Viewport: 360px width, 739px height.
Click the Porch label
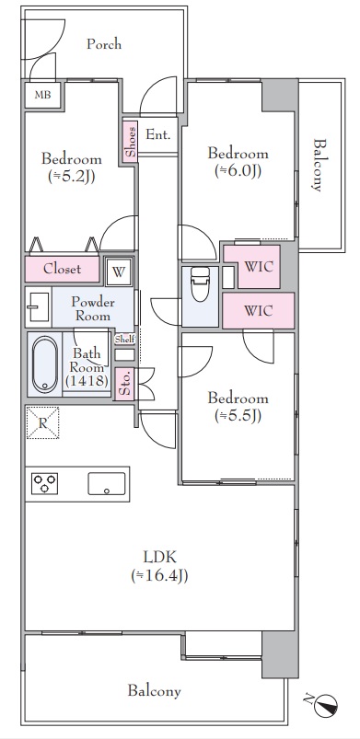coord(104,44)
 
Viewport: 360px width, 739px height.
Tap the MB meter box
coord(42,95)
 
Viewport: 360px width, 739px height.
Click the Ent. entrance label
coord(157,134)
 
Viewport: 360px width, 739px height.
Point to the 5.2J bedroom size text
coord(72,177)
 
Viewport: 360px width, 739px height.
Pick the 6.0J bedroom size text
coord(238,171)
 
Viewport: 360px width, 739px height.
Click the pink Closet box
coord(62,269)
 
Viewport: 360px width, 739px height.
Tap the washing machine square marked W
coord(119,271)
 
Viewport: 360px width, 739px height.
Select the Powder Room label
coord(92,308)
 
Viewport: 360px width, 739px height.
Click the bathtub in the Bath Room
coord(45,364)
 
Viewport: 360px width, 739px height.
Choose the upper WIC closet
coord(259,267)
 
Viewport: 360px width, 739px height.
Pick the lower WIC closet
coord(259,310)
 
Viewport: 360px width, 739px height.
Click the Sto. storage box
coord(125,384)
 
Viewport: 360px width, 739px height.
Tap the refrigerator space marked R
coord(42,422)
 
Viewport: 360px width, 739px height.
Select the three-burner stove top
coord(45,483)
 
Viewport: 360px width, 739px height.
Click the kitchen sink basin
coord(107,483)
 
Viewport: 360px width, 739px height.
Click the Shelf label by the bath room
coord(124,340)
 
